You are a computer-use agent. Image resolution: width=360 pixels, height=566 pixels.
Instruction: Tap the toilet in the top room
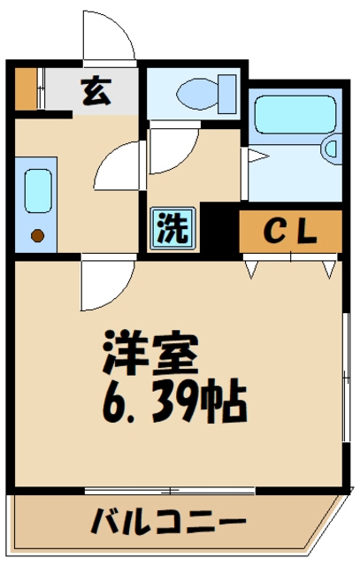[x=199, y=91]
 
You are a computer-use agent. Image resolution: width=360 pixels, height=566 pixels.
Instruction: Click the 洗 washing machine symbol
[x=172, y=227]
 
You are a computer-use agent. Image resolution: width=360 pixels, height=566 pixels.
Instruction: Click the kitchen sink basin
[x=37, y=190]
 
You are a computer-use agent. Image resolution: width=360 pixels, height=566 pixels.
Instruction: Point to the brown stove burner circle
[x=37, y=235]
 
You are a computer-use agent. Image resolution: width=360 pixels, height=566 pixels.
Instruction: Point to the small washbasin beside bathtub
[x=332, y=150]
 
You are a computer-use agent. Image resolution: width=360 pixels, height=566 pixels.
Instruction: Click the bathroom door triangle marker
[x=254, y=157]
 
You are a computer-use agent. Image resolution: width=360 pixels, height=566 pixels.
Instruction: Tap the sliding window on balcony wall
[x=172, y=490]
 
